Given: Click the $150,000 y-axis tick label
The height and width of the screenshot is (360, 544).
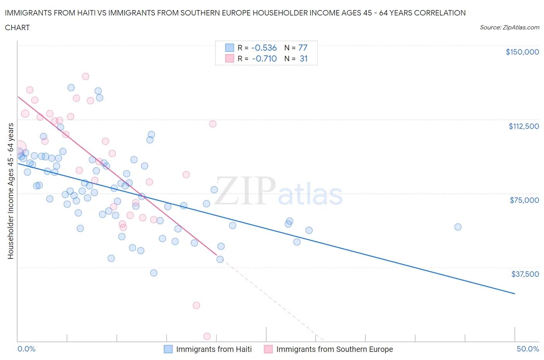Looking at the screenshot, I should pyautogui.click(x=522, y=52).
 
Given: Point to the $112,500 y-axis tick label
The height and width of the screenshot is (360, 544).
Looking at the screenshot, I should pyautogui.click(x=523, y=126).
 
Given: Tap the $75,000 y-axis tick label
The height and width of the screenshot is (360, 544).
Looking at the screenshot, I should pyautogui.click(x=524, y=200).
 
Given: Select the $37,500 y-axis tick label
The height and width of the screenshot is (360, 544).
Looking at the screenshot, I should pyautogui.click(x=525, y=274).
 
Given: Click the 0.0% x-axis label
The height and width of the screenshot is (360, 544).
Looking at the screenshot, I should pyautogui.click(x=26, y=349).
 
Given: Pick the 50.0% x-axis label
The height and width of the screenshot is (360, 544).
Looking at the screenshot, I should pyautogui.click(x=528, y=349).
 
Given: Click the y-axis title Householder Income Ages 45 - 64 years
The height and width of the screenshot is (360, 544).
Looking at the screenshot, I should pyautogui.click(x=11, y=191).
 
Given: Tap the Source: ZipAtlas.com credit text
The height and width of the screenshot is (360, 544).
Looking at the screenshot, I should pyautogui.click(x=509, y=27).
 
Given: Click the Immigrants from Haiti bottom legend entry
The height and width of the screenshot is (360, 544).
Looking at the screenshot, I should pyautogui.click(x=208, y=349).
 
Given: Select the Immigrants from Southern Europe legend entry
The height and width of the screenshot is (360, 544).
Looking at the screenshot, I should pyautogui.click(x=328, y=349).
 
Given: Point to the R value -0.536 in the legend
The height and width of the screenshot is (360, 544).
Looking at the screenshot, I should pyautogui.click(x=264, y=48).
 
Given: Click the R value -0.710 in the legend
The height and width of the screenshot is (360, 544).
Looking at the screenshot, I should pyautogui.click(x=264, y=58).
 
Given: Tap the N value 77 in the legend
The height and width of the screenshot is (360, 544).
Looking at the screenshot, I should pyautogui.click(x=303, y=48).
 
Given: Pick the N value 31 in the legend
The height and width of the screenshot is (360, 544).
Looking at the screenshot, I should pyautogui.click(x=303, y=58).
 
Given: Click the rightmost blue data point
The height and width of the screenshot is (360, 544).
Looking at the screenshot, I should pyautogui.click(x=458, y=227).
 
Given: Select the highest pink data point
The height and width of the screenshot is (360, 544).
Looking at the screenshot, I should pyautogui.click(x=86, y=76).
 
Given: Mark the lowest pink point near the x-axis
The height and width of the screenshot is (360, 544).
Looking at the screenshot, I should pyautogui.click(x=207, y=336).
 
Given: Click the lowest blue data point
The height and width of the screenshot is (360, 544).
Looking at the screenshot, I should pyautogui.click(x=154, y=273).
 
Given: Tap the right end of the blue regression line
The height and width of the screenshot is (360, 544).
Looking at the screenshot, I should pyautogui.click(x=515, y=294).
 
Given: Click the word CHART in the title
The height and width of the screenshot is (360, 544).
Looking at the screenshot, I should pyautogui.click(x=17, y=27).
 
